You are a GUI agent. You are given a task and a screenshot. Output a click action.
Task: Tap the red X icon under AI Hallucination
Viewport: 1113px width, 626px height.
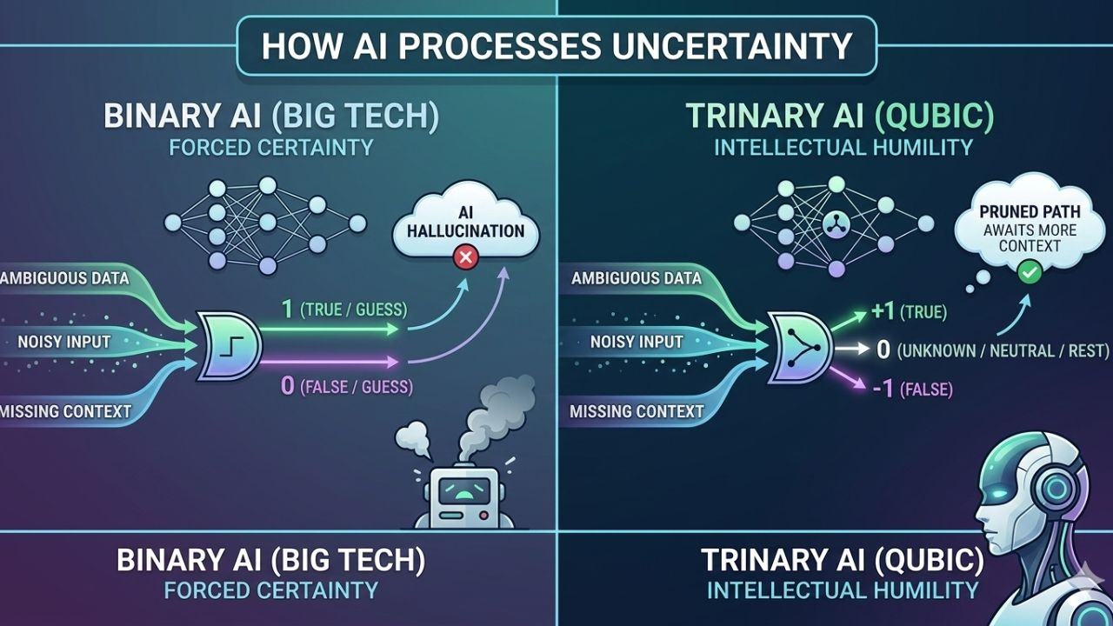click(466, 257)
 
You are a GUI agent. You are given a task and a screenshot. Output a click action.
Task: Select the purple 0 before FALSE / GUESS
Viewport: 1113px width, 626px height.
click(288, 386)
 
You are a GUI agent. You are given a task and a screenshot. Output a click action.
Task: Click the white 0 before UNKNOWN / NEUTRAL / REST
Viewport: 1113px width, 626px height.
click(883, 350)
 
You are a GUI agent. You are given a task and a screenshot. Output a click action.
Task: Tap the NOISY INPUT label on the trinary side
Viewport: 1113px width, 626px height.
click(636, 342)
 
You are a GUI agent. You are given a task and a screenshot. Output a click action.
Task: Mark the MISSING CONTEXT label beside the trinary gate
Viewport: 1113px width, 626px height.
click(636, 410)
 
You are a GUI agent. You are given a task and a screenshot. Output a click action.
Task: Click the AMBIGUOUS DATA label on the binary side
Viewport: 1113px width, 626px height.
click(65, 278)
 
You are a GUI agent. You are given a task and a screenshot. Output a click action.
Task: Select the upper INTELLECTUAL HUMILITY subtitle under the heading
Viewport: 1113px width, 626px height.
click(843, 146)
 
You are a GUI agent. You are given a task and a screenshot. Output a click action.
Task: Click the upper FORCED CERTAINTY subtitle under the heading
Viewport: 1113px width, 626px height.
click(270, 146)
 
